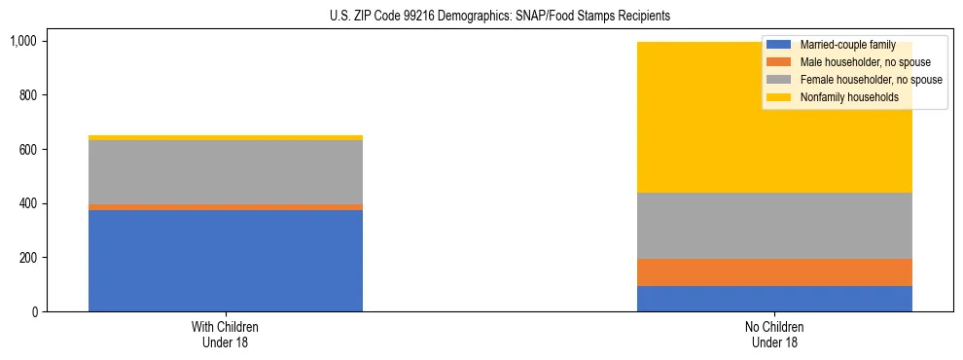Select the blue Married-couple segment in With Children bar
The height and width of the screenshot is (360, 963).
click(x=225, y=261)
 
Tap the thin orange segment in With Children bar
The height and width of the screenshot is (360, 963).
click(x=225, y=207)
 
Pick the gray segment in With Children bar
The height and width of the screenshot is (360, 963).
click(x=225, y=172)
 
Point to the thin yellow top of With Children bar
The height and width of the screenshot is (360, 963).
click(x=225, y=138)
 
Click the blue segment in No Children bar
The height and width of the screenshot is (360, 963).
click(x=774, y=299)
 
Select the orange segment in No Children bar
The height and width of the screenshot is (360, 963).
click(x=774, y=272)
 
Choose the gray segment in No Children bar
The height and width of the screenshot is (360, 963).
click(x=774, y=226)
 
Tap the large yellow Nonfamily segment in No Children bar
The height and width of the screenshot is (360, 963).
click(x=681, y=117)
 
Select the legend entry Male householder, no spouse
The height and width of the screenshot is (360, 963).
click(x=851, y=62)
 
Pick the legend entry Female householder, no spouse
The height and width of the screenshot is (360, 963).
click(x=856, y=80)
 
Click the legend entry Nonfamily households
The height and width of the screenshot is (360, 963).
click(x=840, y=97)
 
